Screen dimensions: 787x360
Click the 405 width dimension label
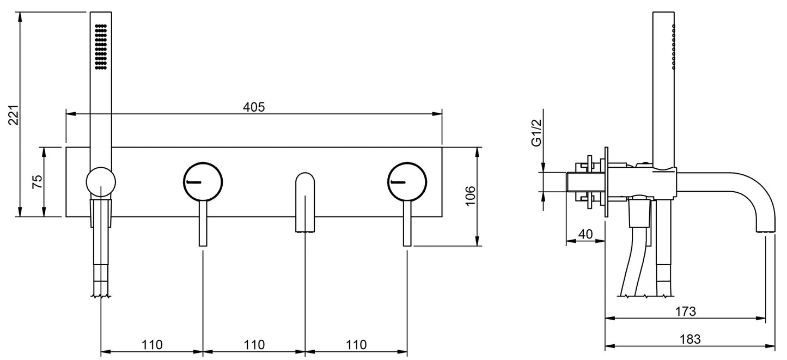254,107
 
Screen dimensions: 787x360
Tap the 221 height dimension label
14,114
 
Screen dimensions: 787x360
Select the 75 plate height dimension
37,181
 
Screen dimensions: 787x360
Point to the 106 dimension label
469,196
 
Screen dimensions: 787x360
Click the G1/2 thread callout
537,133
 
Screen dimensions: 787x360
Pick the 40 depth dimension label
585,234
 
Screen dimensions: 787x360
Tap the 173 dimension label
686,311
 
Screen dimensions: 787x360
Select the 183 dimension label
690,339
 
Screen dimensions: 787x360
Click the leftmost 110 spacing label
152,345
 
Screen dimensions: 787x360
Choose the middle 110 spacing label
254,345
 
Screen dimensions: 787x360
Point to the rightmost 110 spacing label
356,345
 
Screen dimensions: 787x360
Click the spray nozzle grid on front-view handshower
101,47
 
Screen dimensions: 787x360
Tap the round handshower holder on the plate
101,181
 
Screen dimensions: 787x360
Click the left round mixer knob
203,182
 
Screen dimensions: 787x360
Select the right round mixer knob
407,182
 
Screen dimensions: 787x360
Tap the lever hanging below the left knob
203,224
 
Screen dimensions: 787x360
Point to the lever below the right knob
407,224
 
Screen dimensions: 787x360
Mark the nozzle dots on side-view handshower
674,47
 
